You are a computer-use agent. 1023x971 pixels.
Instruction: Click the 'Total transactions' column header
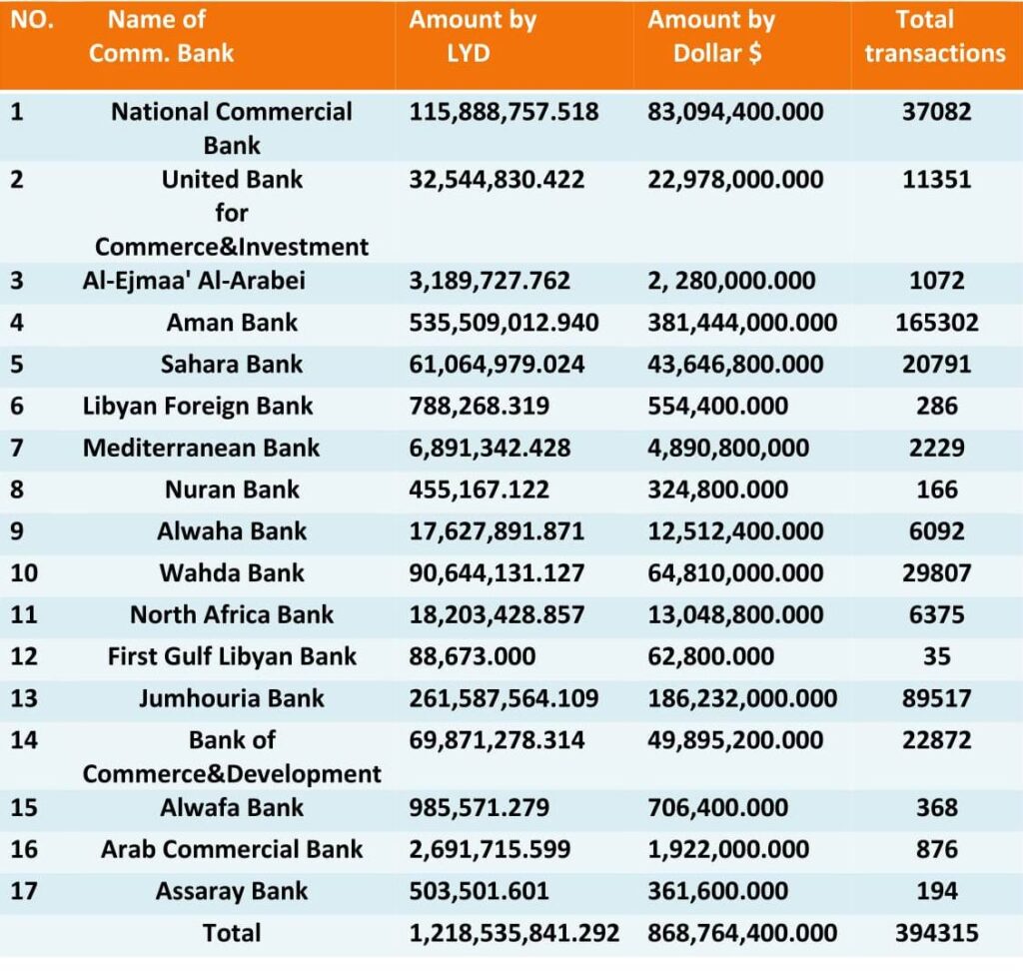[x=935, y=37]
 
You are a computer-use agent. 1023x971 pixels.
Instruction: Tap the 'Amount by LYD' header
[x=473, y=37]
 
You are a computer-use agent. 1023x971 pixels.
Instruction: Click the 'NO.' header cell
[x=32, y=20]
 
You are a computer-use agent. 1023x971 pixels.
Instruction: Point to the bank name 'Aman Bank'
[x=232, y=323]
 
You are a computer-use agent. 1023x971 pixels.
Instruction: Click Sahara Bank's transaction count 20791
[x=936, y=364]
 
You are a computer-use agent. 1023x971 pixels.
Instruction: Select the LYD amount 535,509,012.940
[x=504, y=323]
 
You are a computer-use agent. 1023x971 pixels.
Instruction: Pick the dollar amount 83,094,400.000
[x=735, y=112]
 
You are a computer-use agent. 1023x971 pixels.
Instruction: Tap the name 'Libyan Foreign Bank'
[x=198, y=406]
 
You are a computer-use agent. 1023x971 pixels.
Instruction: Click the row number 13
[x=24, y=698]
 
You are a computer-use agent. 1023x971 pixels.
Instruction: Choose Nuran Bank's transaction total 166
[x=937, y=489]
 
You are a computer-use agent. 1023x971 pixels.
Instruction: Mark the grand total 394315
[x=936, y=933]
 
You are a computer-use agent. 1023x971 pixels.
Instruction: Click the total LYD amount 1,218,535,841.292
[x=514, y=933]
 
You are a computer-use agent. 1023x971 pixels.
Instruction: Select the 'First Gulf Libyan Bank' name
[x=232, y=656]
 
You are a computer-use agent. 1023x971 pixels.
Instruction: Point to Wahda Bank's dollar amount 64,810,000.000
[x=735, y=573]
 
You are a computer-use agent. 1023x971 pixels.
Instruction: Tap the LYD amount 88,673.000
[x=473, y=656]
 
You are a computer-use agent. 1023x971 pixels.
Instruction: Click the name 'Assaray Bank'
[x=232, y=891]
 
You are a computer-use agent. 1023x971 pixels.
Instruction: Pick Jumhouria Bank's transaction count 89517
[x=936, y=698]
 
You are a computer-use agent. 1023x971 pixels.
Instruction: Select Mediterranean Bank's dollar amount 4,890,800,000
[x=728, y=448]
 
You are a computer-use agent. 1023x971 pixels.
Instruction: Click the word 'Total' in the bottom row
[x=232, y=933]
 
